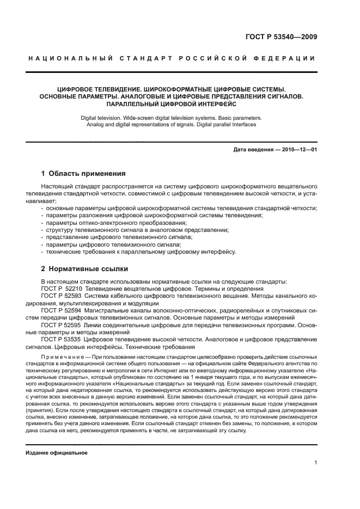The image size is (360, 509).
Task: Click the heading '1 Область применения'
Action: pyautogui.click(x=83, y=174)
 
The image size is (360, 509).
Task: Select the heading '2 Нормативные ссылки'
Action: pyautogui.click(x=85, y=268)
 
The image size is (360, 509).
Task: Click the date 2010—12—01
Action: pyautogui.click(x=298, y=149)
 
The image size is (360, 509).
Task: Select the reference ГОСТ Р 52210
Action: pyautogui.click(x=62, y=289)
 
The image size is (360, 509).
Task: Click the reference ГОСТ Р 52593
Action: pyautogui.click(x=62, y=296)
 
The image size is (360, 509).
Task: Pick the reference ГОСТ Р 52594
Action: pyautogui.click(x=62, y=310)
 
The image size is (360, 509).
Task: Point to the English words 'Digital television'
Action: pyautogui.click(x=102, y=118)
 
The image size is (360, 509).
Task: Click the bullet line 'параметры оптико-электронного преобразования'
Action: pyautogui.click(x=116, y=223)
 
